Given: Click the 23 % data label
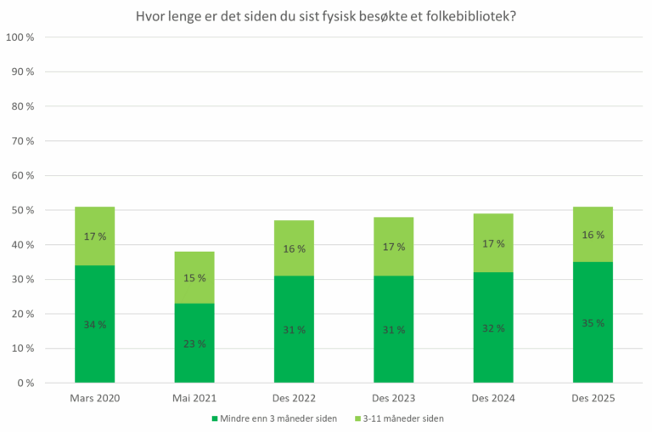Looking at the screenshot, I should (x=194, y=344).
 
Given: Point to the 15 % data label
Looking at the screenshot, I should (x=194, y=278).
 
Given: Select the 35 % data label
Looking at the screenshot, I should (x=593, y=323).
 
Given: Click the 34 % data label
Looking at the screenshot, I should (x=94, y=325).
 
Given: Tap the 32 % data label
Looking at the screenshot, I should (x=493, y=328).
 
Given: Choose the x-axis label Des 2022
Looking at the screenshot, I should (x=294, y=399).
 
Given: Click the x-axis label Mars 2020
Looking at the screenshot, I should (x=94, y=399).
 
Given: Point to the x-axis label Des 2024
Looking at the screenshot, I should (x=493, y=399).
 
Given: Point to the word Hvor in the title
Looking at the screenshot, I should (x=149, y=16).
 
